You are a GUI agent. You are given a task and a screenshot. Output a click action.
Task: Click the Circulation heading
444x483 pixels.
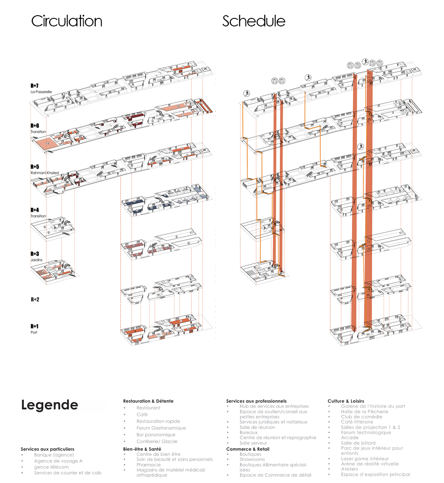coord(67,21)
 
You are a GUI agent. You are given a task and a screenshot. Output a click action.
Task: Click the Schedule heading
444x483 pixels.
coord(254,21)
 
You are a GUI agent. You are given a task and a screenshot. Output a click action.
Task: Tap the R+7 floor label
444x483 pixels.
coord(35,85)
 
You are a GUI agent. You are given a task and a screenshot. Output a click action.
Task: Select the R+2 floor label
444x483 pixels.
coord(35,300)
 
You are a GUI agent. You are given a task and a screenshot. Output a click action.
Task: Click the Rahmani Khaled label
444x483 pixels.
coord(45,173)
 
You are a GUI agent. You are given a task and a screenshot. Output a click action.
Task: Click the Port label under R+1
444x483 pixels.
coord(34,332)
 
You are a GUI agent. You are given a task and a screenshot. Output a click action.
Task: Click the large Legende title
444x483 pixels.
coord(50,405)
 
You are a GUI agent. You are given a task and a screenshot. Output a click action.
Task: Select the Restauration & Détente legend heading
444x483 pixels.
coord(148,401)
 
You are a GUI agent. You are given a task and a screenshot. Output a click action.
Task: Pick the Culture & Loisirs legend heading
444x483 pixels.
coord(346,401)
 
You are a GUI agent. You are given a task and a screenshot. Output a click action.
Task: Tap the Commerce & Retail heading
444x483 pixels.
coord(247,449)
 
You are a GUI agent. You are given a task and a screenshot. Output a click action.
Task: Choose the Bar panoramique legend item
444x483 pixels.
coord(156,435)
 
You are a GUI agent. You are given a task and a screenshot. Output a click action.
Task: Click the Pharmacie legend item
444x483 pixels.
coord(149,464)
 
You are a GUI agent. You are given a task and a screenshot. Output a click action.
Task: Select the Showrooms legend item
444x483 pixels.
coord(252,459)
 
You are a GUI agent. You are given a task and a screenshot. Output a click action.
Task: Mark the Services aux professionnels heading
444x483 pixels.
coord(256,401)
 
